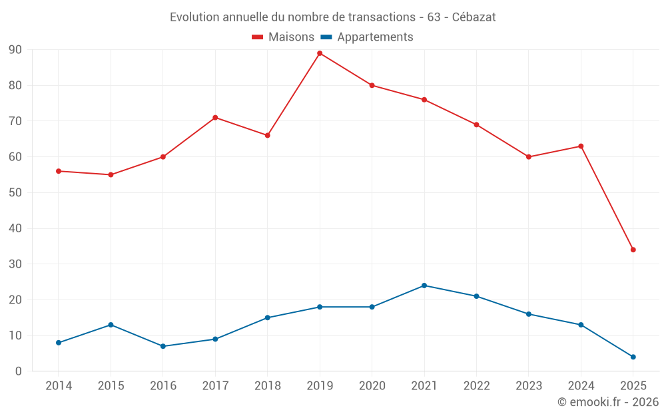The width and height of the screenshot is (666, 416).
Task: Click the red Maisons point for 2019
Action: click(x=320, y=53)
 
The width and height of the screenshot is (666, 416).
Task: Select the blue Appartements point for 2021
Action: click(x=424, y=286)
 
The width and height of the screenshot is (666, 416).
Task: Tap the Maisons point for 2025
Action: click(x=633, y=250)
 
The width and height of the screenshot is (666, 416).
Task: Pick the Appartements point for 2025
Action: click(x=633, y=357)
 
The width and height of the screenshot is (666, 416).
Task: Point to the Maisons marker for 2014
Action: click(x=59, y=171)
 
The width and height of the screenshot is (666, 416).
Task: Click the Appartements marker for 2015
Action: click(x=111, y=325)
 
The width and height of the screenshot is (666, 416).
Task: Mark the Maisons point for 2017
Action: click(x=215, y=117)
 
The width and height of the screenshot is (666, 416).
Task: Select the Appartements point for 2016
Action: click(x=163, y=346)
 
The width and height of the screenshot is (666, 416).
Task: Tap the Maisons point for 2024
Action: click(x=581, y=146)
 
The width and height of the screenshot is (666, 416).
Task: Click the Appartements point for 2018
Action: click(x=268, y=317)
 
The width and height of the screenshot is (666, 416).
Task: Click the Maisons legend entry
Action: click(x=283, y=37)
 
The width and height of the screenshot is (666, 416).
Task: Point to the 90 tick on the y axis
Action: click(x=15, y=50)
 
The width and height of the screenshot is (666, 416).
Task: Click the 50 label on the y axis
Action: click(x=15, y=193)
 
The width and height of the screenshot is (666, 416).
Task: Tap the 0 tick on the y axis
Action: click(x=19, y=371)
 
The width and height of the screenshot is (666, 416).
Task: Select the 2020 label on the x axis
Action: click(x=372, y=386)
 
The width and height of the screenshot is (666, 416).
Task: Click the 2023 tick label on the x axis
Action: click(x=529, y=386)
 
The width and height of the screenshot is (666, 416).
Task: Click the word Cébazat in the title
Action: click(x=474, y=17)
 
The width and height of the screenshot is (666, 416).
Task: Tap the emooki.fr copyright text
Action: click(x=608, y=402)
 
